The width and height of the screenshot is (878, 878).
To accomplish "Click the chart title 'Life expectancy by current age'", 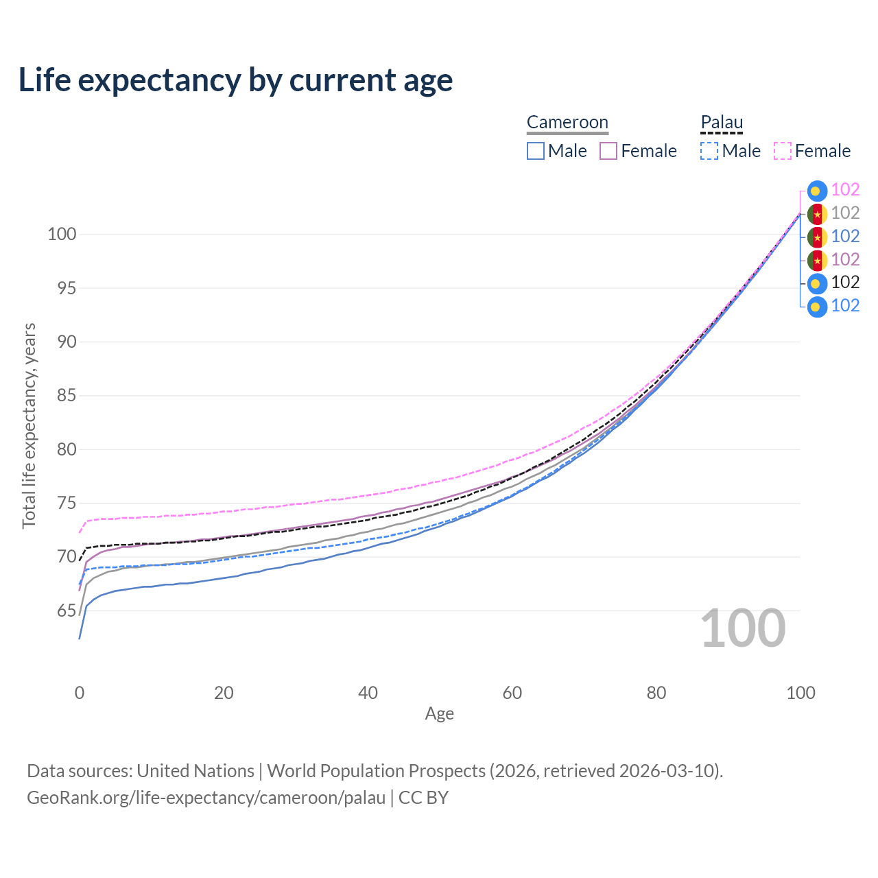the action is tap(235, 80).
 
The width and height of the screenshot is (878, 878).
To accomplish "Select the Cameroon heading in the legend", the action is tap(567, 122).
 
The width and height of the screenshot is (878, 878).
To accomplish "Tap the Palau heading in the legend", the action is tap(722, 122).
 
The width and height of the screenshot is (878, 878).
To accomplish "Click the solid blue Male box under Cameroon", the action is tap(535, 151).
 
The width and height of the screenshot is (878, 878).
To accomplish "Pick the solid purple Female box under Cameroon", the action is tap(608, 151).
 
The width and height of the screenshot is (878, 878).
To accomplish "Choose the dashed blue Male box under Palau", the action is tap(709, 151).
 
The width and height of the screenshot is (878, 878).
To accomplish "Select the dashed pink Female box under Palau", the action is tap(783, 151).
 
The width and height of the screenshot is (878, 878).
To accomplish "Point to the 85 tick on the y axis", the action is tap(66, 396).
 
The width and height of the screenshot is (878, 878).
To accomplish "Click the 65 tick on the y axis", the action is tap(66, 610).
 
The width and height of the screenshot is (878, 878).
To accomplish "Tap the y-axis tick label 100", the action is tap(62, 234).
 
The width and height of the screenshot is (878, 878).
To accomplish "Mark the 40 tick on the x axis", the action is tap(368, 693).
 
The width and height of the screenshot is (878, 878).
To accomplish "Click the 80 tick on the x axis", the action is tap(656, 693).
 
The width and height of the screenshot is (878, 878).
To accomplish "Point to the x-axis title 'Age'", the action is tap(439, 713).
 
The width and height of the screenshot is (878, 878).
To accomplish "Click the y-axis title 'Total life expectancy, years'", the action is tap(29, 426).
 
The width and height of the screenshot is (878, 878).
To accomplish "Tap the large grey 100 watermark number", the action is tap(743, 628).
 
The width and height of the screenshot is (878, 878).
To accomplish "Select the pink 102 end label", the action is tap(845, 189).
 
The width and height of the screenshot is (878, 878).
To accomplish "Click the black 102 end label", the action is tap(845, 283).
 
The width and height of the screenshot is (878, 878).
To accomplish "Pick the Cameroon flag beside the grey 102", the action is tap(817, 214).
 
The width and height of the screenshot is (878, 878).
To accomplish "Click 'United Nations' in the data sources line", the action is tap(195, 771).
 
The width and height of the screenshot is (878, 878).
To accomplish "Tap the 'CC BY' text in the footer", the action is tap(423, 798).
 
